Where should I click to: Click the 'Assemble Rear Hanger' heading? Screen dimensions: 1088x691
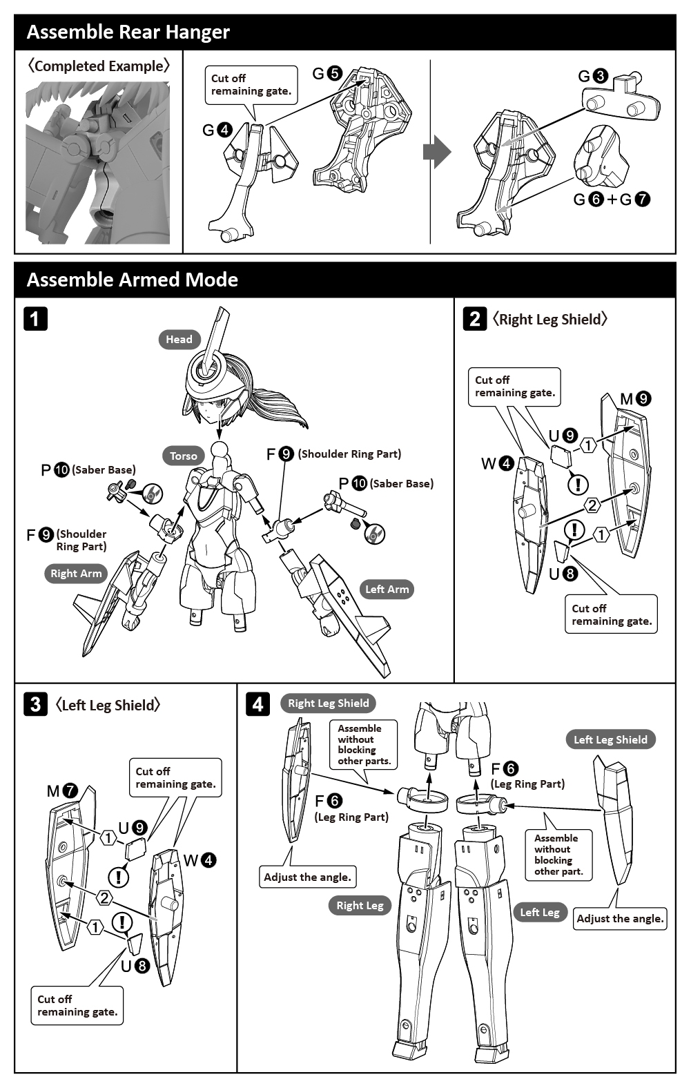point(128,32)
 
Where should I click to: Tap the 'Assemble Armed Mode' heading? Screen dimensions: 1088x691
point(132,280)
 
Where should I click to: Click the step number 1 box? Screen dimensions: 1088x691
point(36,319)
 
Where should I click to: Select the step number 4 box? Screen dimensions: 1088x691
point(257,704)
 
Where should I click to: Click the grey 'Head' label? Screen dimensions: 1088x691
point(179,339)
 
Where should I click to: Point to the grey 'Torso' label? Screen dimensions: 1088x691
point(184,456)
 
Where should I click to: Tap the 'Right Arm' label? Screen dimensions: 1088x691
point(76,573)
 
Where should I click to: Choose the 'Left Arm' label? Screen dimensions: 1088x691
point(387,589)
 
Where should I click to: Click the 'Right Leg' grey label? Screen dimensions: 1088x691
point(360,905)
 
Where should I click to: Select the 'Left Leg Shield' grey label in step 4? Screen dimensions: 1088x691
point(610,739)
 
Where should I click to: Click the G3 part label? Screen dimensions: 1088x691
point(593,76)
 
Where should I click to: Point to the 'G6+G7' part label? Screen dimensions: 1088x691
point(612,200)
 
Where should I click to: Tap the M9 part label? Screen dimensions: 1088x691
point(635,398)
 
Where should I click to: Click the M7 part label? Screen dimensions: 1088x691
point(62,791)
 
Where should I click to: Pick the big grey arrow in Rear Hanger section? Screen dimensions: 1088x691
point(436,152)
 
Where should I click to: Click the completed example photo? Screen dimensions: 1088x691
point(98,163)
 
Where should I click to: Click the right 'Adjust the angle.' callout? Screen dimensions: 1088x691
point(620,918)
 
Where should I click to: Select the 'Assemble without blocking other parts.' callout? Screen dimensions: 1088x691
point(364,744)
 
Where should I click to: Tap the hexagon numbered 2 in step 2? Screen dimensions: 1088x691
point(592,505)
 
